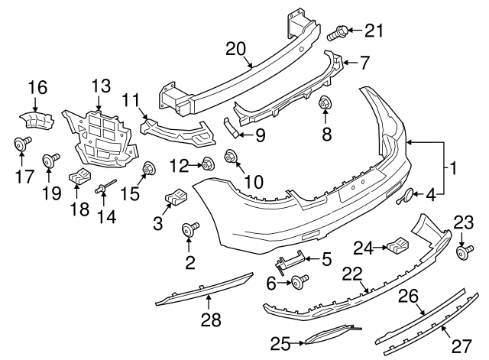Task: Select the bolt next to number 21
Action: click(338, 32)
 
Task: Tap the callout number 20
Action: click(237, 50)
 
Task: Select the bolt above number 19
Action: click(53, 159)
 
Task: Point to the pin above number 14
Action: click(102, 186)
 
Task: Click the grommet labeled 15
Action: click(149, 168)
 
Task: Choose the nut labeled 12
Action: click(206, 163)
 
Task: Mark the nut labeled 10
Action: click(230, 157)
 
